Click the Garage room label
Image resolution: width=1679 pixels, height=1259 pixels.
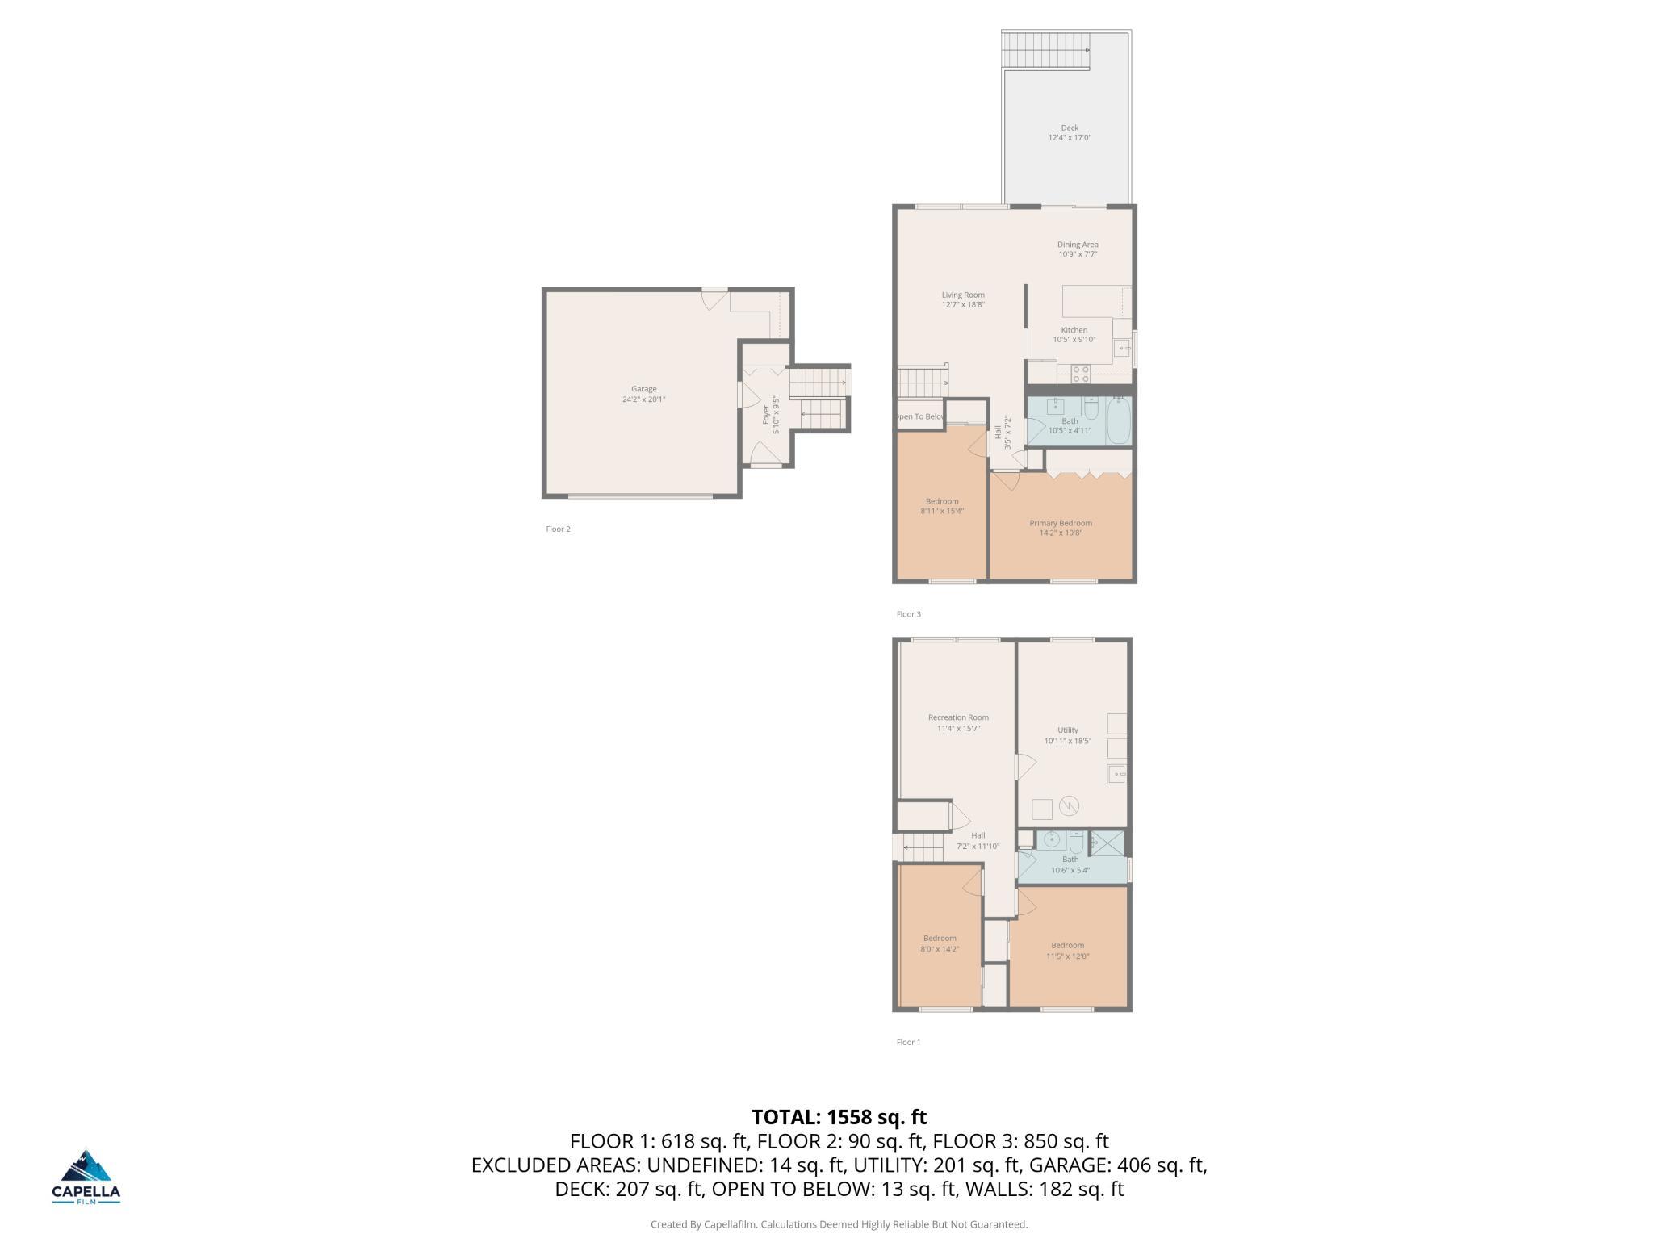click(643, 389)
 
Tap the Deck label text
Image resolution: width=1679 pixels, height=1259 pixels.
click(1070, 128)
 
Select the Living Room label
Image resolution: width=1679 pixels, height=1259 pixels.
click(963, 295)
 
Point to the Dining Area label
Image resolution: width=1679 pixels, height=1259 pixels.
click(1078, 245)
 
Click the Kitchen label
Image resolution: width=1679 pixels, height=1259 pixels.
click(1074, 330)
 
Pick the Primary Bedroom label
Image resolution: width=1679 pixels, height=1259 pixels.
click(1061, 523)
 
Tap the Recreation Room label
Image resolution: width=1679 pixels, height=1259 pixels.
click(958, 717)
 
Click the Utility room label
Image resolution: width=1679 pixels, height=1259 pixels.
click(1068, 730)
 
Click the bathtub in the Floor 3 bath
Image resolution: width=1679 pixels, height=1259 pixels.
click(1118, 421)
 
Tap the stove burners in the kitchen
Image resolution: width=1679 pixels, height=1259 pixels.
click(1081, 374)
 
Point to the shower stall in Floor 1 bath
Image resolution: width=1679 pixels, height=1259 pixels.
click(1107, 843)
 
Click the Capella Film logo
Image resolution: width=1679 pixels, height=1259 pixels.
click(86, 1177)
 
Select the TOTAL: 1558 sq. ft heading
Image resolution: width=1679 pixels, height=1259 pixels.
click(839, 1117)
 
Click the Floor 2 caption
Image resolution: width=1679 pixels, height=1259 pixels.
click(558, 529)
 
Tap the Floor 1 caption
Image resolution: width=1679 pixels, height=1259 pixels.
click(908, 1042)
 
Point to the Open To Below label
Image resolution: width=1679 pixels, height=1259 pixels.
click(920, 416)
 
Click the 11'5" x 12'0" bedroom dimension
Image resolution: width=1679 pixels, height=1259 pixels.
click(1068, 956)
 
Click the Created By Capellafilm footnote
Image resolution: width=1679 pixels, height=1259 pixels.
click(839, 1224)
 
